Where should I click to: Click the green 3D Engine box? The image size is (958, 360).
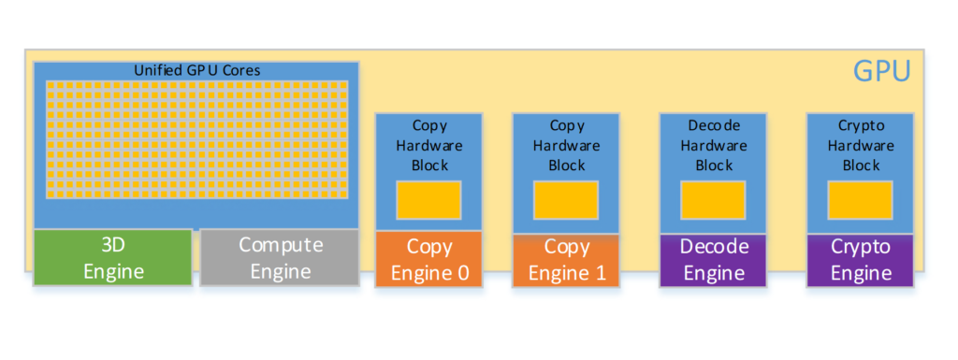pos(113,257)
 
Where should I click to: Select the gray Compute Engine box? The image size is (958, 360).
pos(280,257)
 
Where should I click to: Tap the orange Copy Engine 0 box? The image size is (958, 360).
pos(428,259)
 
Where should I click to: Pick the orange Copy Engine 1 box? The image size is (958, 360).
pos(566,259)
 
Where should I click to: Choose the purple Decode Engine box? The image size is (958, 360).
pos(714,259)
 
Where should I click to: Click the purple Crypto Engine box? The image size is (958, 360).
pos(861,259)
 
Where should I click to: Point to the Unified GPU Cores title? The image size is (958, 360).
pos(196,70)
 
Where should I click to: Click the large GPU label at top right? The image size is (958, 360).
pos(881,72)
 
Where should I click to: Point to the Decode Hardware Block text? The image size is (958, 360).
pos(714,145)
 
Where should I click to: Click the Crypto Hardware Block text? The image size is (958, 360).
pos(860,145)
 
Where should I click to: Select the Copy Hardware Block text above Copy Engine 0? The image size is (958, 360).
pos(428,145)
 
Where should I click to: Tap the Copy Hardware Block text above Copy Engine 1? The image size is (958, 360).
pos(566,145)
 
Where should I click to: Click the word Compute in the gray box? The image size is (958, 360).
pos(280,245)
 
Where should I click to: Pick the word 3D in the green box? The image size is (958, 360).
pos(113,245)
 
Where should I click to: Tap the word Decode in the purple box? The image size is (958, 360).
pos(714,247)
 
